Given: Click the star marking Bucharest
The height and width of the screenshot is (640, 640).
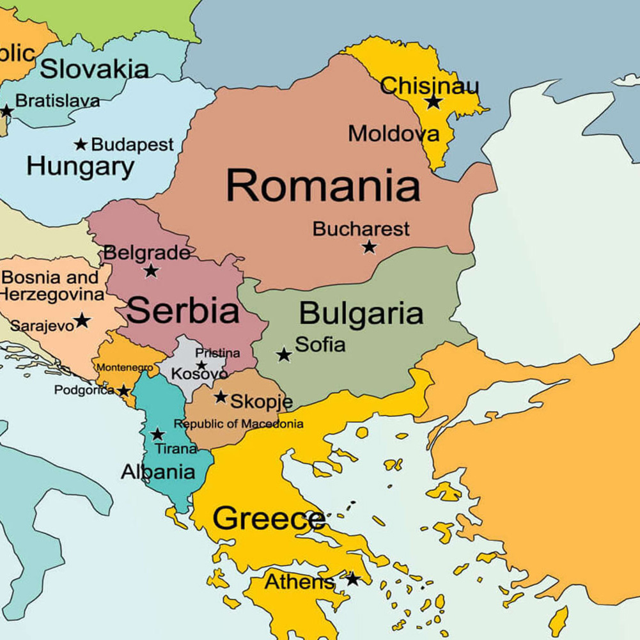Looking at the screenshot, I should [369, 247].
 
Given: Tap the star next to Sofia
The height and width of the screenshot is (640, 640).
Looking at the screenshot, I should [284, 354].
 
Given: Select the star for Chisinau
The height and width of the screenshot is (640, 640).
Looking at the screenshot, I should [433, 102].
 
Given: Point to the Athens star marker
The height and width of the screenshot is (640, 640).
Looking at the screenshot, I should [352, 579].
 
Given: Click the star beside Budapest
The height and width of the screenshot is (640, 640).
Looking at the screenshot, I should [81, 144].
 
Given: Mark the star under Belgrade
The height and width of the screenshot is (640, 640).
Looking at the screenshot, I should [151, 270].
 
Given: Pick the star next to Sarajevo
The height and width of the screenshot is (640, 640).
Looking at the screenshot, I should [82, 320].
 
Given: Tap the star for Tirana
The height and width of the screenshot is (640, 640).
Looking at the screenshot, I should [157, 435].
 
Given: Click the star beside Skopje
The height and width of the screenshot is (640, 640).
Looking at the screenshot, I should [221, 397].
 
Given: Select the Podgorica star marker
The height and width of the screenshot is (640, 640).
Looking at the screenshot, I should [123, 391].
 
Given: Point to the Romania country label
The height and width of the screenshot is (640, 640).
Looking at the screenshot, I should [323, 186].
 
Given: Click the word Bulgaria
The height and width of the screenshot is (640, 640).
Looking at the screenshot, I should [361, 314].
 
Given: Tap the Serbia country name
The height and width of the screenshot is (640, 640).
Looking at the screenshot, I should [183, 311].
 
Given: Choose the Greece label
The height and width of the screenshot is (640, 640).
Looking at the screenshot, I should [269, 519].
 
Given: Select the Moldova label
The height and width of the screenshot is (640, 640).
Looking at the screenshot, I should [394, 134].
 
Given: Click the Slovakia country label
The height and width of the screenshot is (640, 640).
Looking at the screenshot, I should [94, 69].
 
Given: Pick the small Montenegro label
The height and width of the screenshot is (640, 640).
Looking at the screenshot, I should [125, 368].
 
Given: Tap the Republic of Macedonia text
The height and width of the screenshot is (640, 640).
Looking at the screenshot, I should [238, 424].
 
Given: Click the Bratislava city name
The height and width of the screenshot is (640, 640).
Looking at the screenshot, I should [58, 101].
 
